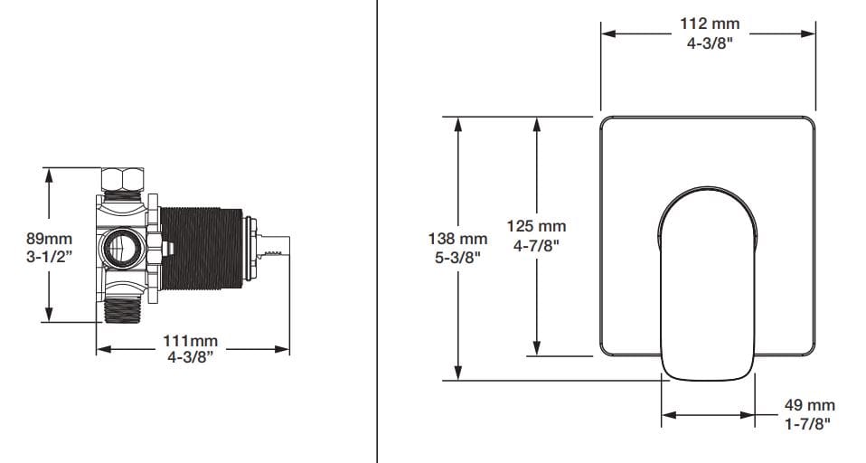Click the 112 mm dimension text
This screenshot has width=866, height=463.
tap(709, 24)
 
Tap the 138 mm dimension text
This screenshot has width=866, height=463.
tap(457, 240)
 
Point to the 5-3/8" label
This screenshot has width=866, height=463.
tap(457, 257)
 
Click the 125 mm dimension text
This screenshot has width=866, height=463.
tap(540, 227)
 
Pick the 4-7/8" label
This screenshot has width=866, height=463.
tap(540, 244)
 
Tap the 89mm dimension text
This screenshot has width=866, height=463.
tap(49, 240)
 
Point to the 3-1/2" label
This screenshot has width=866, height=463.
tap(49, 257)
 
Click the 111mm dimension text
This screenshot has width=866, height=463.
tap(191, 341)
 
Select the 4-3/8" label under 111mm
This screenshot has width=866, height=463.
tap(191, 357)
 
